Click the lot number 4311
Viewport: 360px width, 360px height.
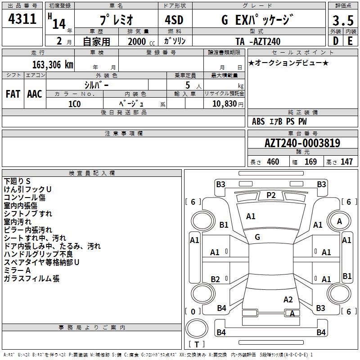pos(22,19)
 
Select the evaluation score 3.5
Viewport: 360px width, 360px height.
pos(343,20)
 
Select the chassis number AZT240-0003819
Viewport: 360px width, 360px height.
pos(302,144)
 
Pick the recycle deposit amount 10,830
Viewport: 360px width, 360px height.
pos(224,103)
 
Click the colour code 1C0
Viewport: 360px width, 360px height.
pos(74,103)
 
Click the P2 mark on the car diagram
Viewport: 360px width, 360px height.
pos(271,195)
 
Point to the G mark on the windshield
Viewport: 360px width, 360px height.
pos(257,237)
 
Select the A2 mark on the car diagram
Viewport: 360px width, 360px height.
pos(288,299)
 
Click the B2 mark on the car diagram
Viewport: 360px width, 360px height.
pos(215,279)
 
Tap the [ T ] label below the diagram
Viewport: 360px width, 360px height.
pos(197,344)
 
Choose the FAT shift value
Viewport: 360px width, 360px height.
pos(13,94)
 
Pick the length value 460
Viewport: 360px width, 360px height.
pos(273,162)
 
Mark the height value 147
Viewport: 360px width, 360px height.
pos(346,162)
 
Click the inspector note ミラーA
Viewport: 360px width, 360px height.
pos(17,270)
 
